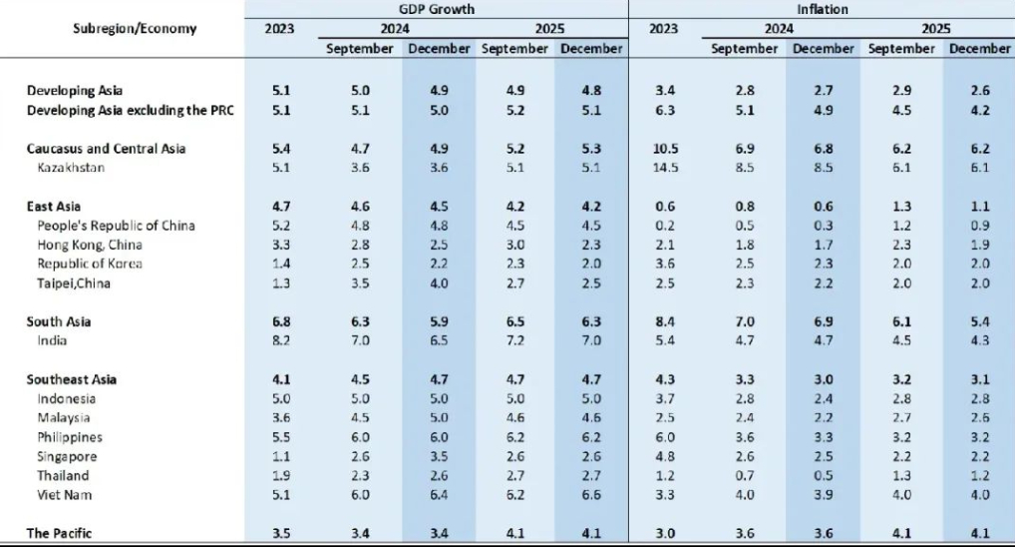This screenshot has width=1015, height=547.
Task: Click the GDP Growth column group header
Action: [x=437, y=9]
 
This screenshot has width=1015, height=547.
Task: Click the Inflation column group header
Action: [x=822, y=9]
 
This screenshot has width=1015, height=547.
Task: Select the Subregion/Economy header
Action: [x=135, y=28]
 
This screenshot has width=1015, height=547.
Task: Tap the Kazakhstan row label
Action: [x=73, y=168]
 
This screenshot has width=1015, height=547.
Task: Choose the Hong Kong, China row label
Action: [x=90, y=245]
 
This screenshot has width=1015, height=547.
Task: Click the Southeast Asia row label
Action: [x=72, y=379]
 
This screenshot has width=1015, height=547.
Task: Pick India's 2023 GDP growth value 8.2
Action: [x=280, y=341]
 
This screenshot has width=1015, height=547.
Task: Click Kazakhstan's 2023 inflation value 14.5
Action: [x=664, y=168]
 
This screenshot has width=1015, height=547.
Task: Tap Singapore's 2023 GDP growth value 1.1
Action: [x=280, y=456]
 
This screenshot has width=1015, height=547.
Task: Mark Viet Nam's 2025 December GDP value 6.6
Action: [x=590, y=494]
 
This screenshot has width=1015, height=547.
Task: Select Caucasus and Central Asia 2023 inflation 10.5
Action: [x=664, y=149]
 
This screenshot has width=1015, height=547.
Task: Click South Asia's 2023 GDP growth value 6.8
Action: [x=280, y=322]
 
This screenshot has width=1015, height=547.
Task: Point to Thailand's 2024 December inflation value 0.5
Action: [x=824, y=475]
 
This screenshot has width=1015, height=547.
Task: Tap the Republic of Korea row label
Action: [x=90, y=265]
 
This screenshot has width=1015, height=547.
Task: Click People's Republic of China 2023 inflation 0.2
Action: [x=664, y=226]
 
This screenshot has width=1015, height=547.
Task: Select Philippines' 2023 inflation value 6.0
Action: [x=664, y=437]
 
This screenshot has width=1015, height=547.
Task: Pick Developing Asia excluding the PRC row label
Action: [x=131, y=110]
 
